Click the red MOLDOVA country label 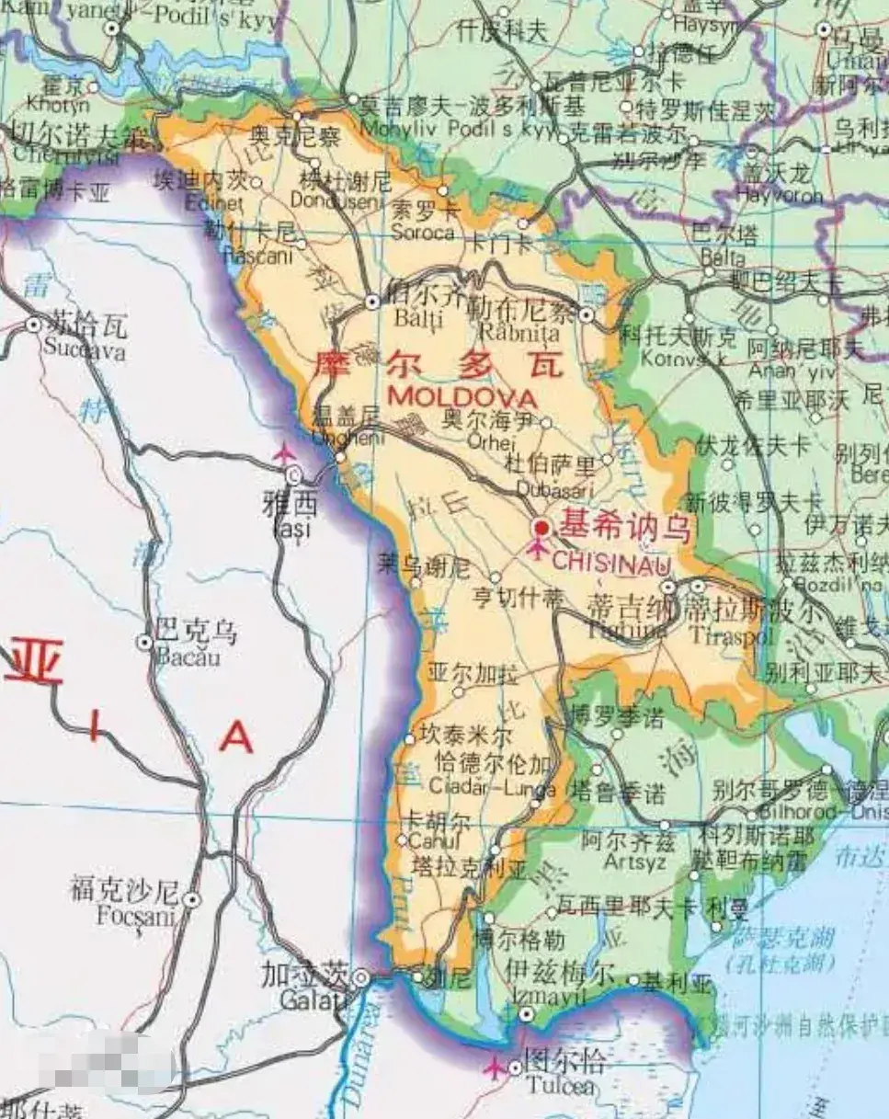[x=462, y=398]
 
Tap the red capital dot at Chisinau [x=541, y=528]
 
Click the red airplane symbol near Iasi [x=284, y=453]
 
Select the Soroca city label [x=422, y=233]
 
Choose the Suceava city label [x=85, y=351]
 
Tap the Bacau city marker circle [x=144, y=642]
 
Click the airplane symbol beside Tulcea [x=495, y=1067]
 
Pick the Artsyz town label [x=628, y=862]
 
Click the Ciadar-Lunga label [x=492, y=788]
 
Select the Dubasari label [x=554, y=488]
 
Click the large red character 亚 [x=34, y=664]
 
